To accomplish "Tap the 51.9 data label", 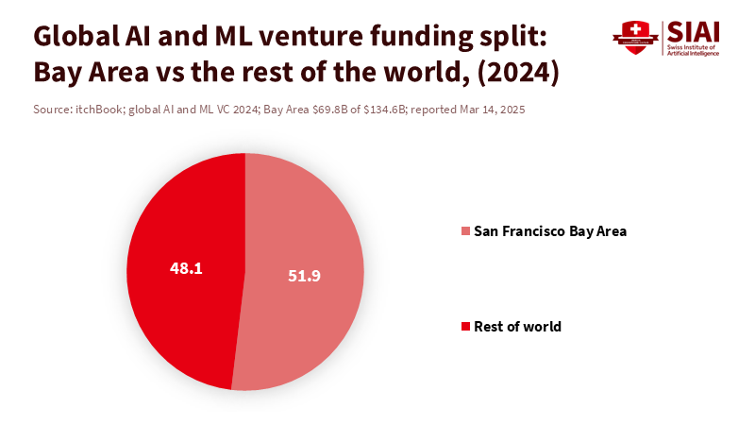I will click(x=304, y=276).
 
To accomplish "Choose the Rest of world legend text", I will click(x=517, y=327).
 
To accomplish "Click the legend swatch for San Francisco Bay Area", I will click(x=464, y=231).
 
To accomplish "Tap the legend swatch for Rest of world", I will click(x=464, y=327).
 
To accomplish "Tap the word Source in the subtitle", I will click(x=51, y=110).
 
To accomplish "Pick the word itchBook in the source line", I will click(x=101, y=110).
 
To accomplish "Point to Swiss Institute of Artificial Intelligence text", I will click(x=694, y=50).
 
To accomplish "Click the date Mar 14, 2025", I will click(x=489, y=110).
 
